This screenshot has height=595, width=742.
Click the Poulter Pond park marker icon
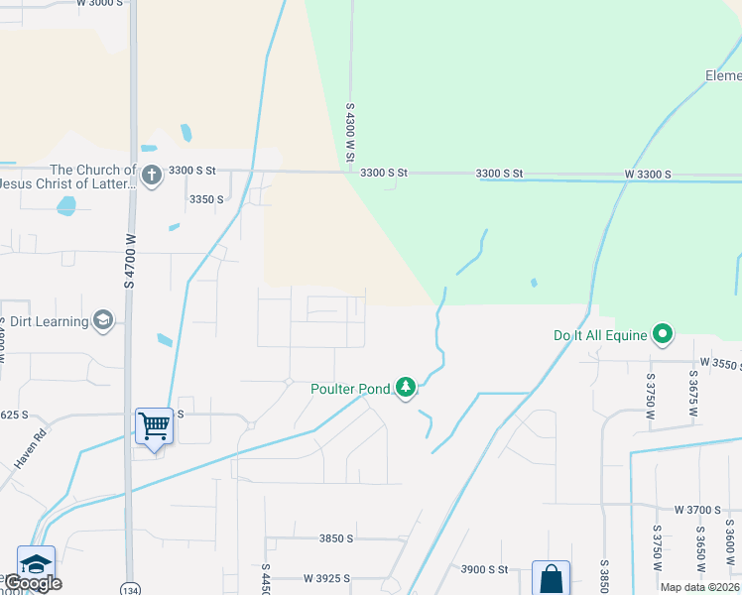click(x=405, y=387)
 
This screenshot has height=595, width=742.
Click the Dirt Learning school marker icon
click(x=102, y=320)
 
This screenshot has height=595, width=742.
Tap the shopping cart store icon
click(x=155, y=426)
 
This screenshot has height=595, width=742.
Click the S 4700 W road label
click(x=129, y=263)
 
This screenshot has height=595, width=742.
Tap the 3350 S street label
click(x=206, y=199)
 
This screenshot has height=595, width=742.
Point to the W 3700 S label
click(x=697, y=510)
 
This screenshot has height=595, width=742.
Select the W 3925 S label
click(x=328, y=577)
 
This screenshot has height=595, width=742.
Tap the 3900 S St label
click(x=484, y=569)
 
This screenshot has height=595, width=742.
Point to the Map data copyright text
click(x=700, y=587)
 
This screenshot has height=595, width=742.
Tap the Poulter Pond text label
click(x=350, y=389)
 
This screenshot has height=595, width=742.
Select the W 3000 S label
click(x=102, y=4)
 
